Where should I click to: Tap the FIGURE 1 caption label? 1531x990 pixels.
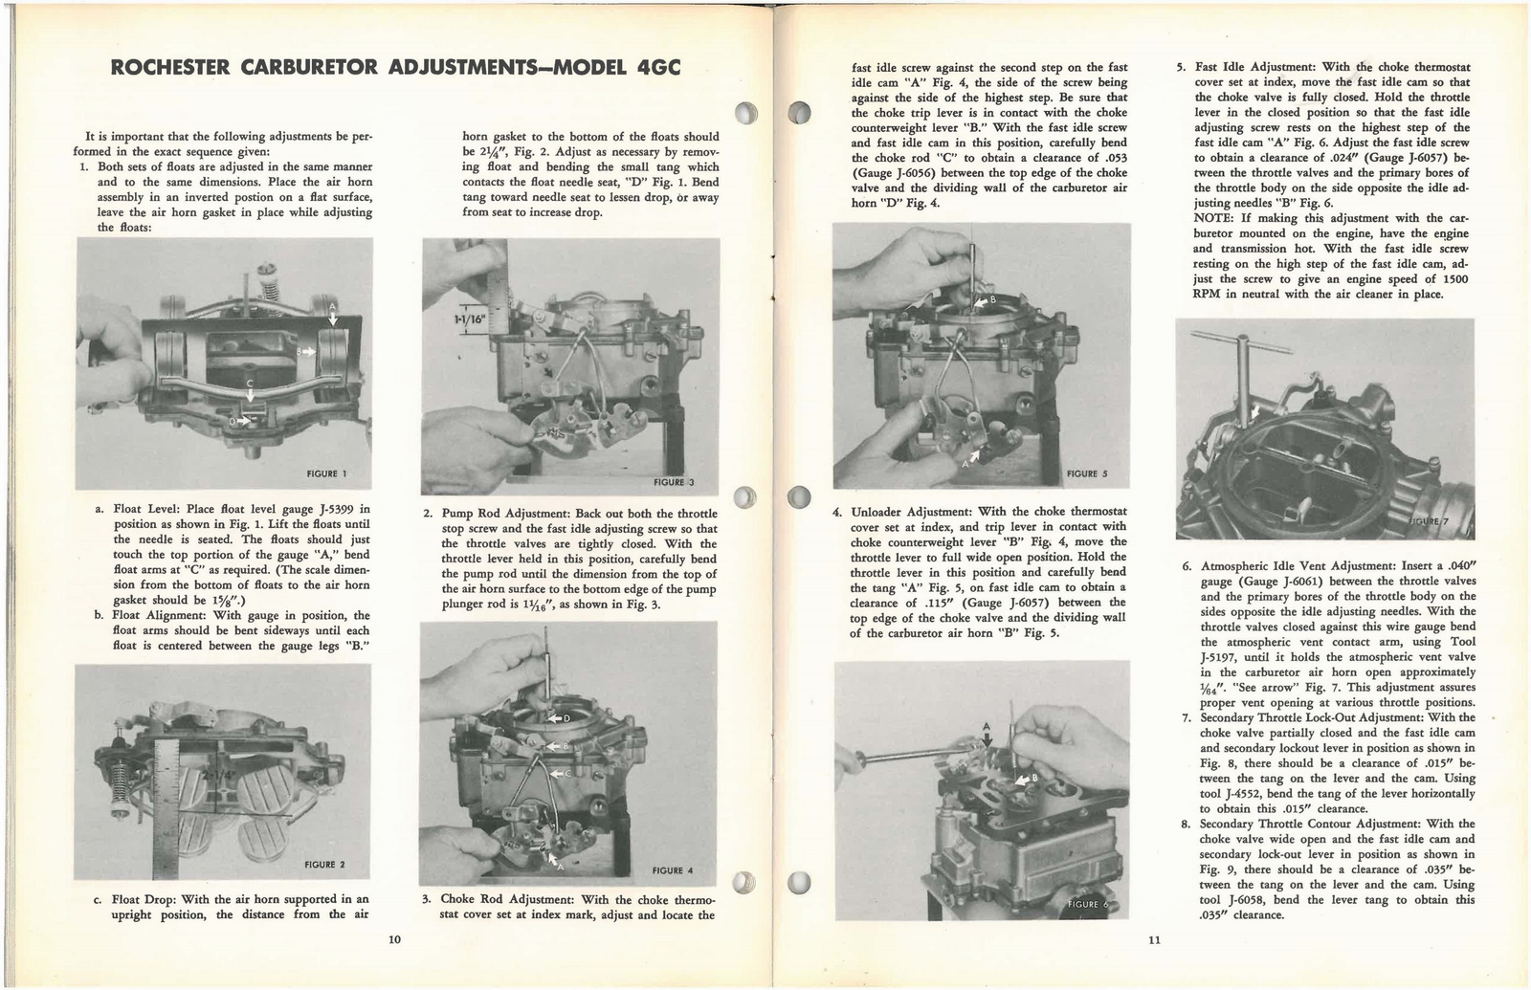pos(326,473)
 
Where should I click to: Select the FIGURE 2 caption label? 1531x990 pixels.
pos(323,864)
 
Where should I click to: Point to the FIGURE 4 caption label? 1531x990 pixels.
pos(672,870)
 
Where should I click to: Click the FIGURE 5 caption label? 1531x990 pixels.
pos(1086,473)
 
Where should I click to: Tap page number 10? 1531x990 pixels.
pos(394,939)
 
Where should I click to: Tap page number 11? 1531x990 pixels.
pos(1154,939)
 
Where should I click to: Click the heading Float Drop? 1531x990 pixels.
pos(143,899)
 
